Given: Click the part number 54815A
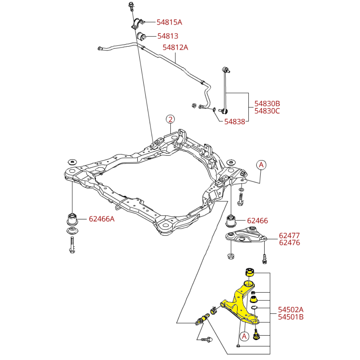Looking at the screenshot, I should pos(169,22).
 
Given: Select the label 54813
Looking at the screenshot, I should pos(168,36).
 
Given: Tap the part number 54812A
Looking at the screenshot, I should pos(175,47).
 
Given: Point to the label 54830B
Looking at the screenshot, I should pos(267,104).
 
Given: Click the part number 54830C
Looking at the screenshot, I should pos(267,111).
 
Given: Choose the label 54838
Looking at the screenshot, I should pos(234,122).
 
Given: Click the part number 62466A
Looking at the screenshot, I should pos(101,219).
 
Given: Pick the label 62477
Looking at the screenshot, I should pos(289,235).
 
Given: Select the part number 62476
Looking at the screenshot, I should pos(289,243).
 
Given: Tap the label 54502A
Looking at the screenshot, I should pos(291,310).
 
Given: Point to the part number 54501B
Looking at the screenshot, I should pos(291,317).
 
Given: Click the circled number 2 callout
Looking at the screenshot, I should pos(170,119).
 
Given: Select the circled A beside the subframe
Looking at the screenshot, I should pos(261,165).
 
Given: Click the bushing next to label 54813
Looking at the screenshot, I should pos(142,36).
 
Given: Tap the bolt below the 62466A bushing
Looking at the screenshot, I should pos(72,246).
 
